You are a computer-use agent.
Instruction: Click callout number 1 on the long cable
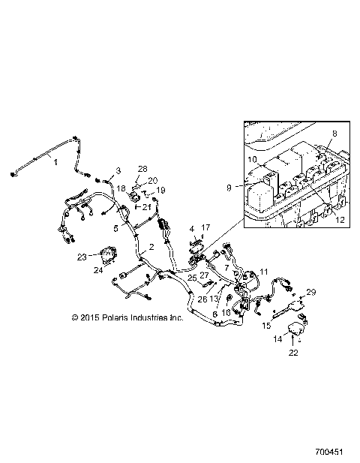55,160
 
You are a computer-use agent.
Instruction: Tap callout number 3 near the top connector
118,172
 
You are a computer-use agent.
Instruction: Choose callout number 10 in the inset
253,161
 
